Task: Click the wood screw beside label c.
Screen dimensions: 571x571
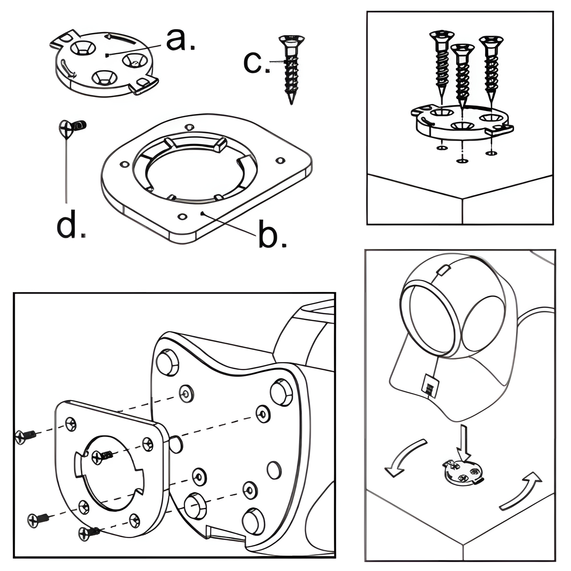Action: pos(291,68)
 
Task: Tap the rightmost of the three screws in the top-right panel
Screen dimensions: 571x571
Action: pos(491,65)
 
